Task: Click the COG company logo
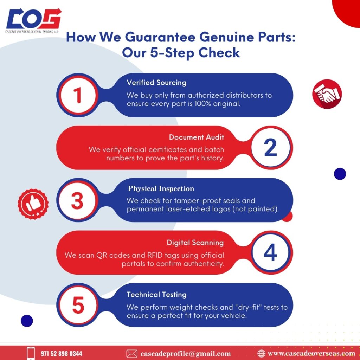click(34, 21)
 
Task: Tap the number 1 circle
click(77, 95)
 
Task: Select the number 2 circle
click(270, 148)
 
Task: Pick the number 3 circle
click(77, 200)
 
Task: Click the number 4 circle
click(270, 252)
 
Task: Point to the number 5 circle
click(77, 305)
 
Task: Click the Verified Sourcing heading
click(156, 83)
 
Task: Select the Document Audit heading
click(196, 137)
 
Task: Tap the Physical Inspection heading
click(161, 189)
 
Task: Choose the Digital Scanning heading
click(195, 243)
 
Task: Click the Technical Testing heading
click(156, 295)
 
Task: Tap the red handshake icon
click(327, 94)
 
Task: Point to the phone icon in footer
click(31, 353)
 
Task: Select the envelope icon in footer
click(131, 353)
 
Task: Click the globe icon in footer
click(261, 353)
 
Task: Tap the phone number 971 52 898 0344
click(61, 353)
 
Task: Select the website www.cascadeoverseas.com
click(311, 353)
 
